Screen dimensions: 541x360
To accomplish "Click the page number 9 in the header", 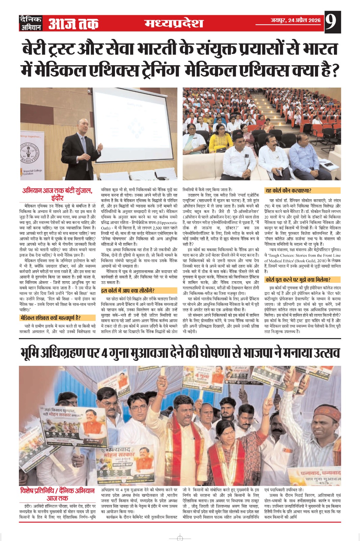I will coord(332,22).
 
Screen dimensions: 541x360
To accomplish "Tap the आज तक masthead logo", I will coord(73,24).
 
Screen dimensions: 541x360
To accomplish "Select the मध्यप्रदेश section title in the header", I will coord(174,23).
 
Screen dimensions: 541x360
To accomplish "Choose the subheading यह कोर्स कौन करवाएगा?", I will coord(288,191).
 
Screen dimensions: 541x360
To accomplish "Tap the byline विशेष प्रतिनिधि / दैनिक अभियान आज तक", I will coord(57,494).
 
